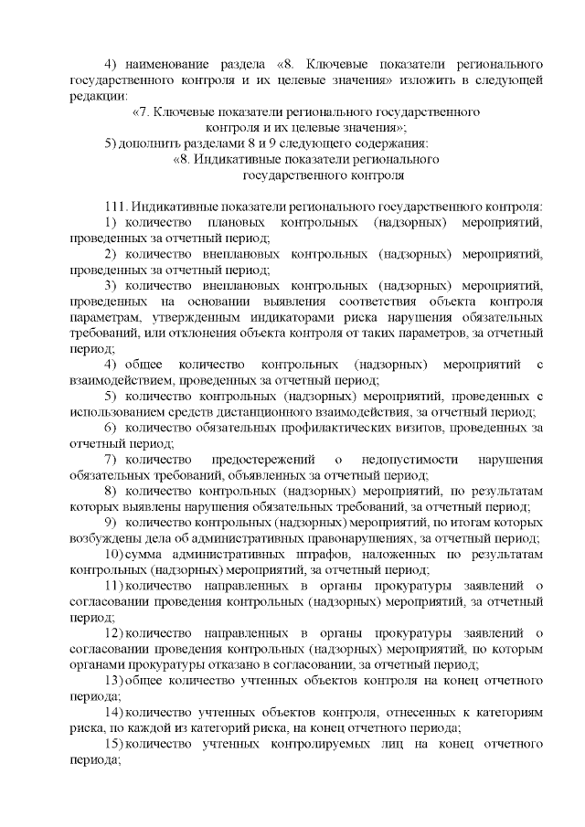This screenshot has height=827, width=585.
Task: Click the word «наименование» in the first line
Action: pos(171,65)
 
